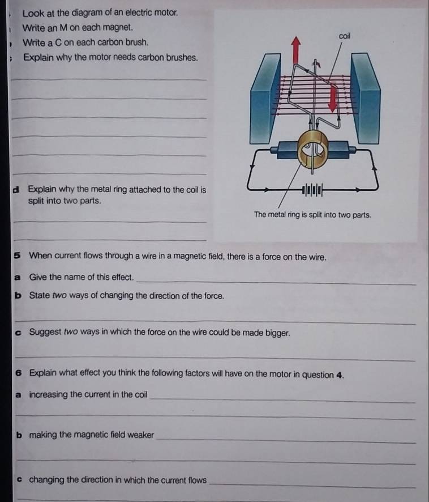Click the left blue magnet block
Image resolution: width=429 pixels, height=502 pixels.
tap(265, 99)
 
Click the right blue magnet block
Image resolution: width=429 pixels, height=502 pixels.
tap(366, 99)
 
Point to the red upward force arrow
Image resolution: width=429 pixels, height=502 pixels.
tap(296, 50)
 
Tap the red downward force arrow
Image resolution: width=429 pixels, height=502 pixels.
tap(333, 99)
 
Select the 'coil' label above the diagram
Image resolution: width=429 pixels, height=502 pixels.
tap(345, 36)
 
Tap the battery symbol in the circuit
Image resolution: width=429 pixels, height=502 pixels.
tap(312, 190)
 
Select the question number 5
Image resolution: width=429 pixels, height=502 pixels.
tap(18, 256)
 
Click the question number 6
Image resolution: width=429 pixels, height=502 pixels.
tap(19, 373)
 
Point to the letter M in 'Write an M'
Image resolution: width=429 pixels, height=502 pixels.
tap(63, 28)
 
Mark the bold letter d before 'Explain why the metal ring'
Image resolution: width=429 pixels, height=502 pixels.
tap(15, 190)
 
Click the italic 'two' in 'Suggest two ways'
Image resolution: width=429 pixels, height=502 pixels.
tap(71, 331)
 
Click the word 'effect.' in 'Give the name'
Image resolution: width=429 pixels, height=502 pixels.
tap(122, 277)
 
